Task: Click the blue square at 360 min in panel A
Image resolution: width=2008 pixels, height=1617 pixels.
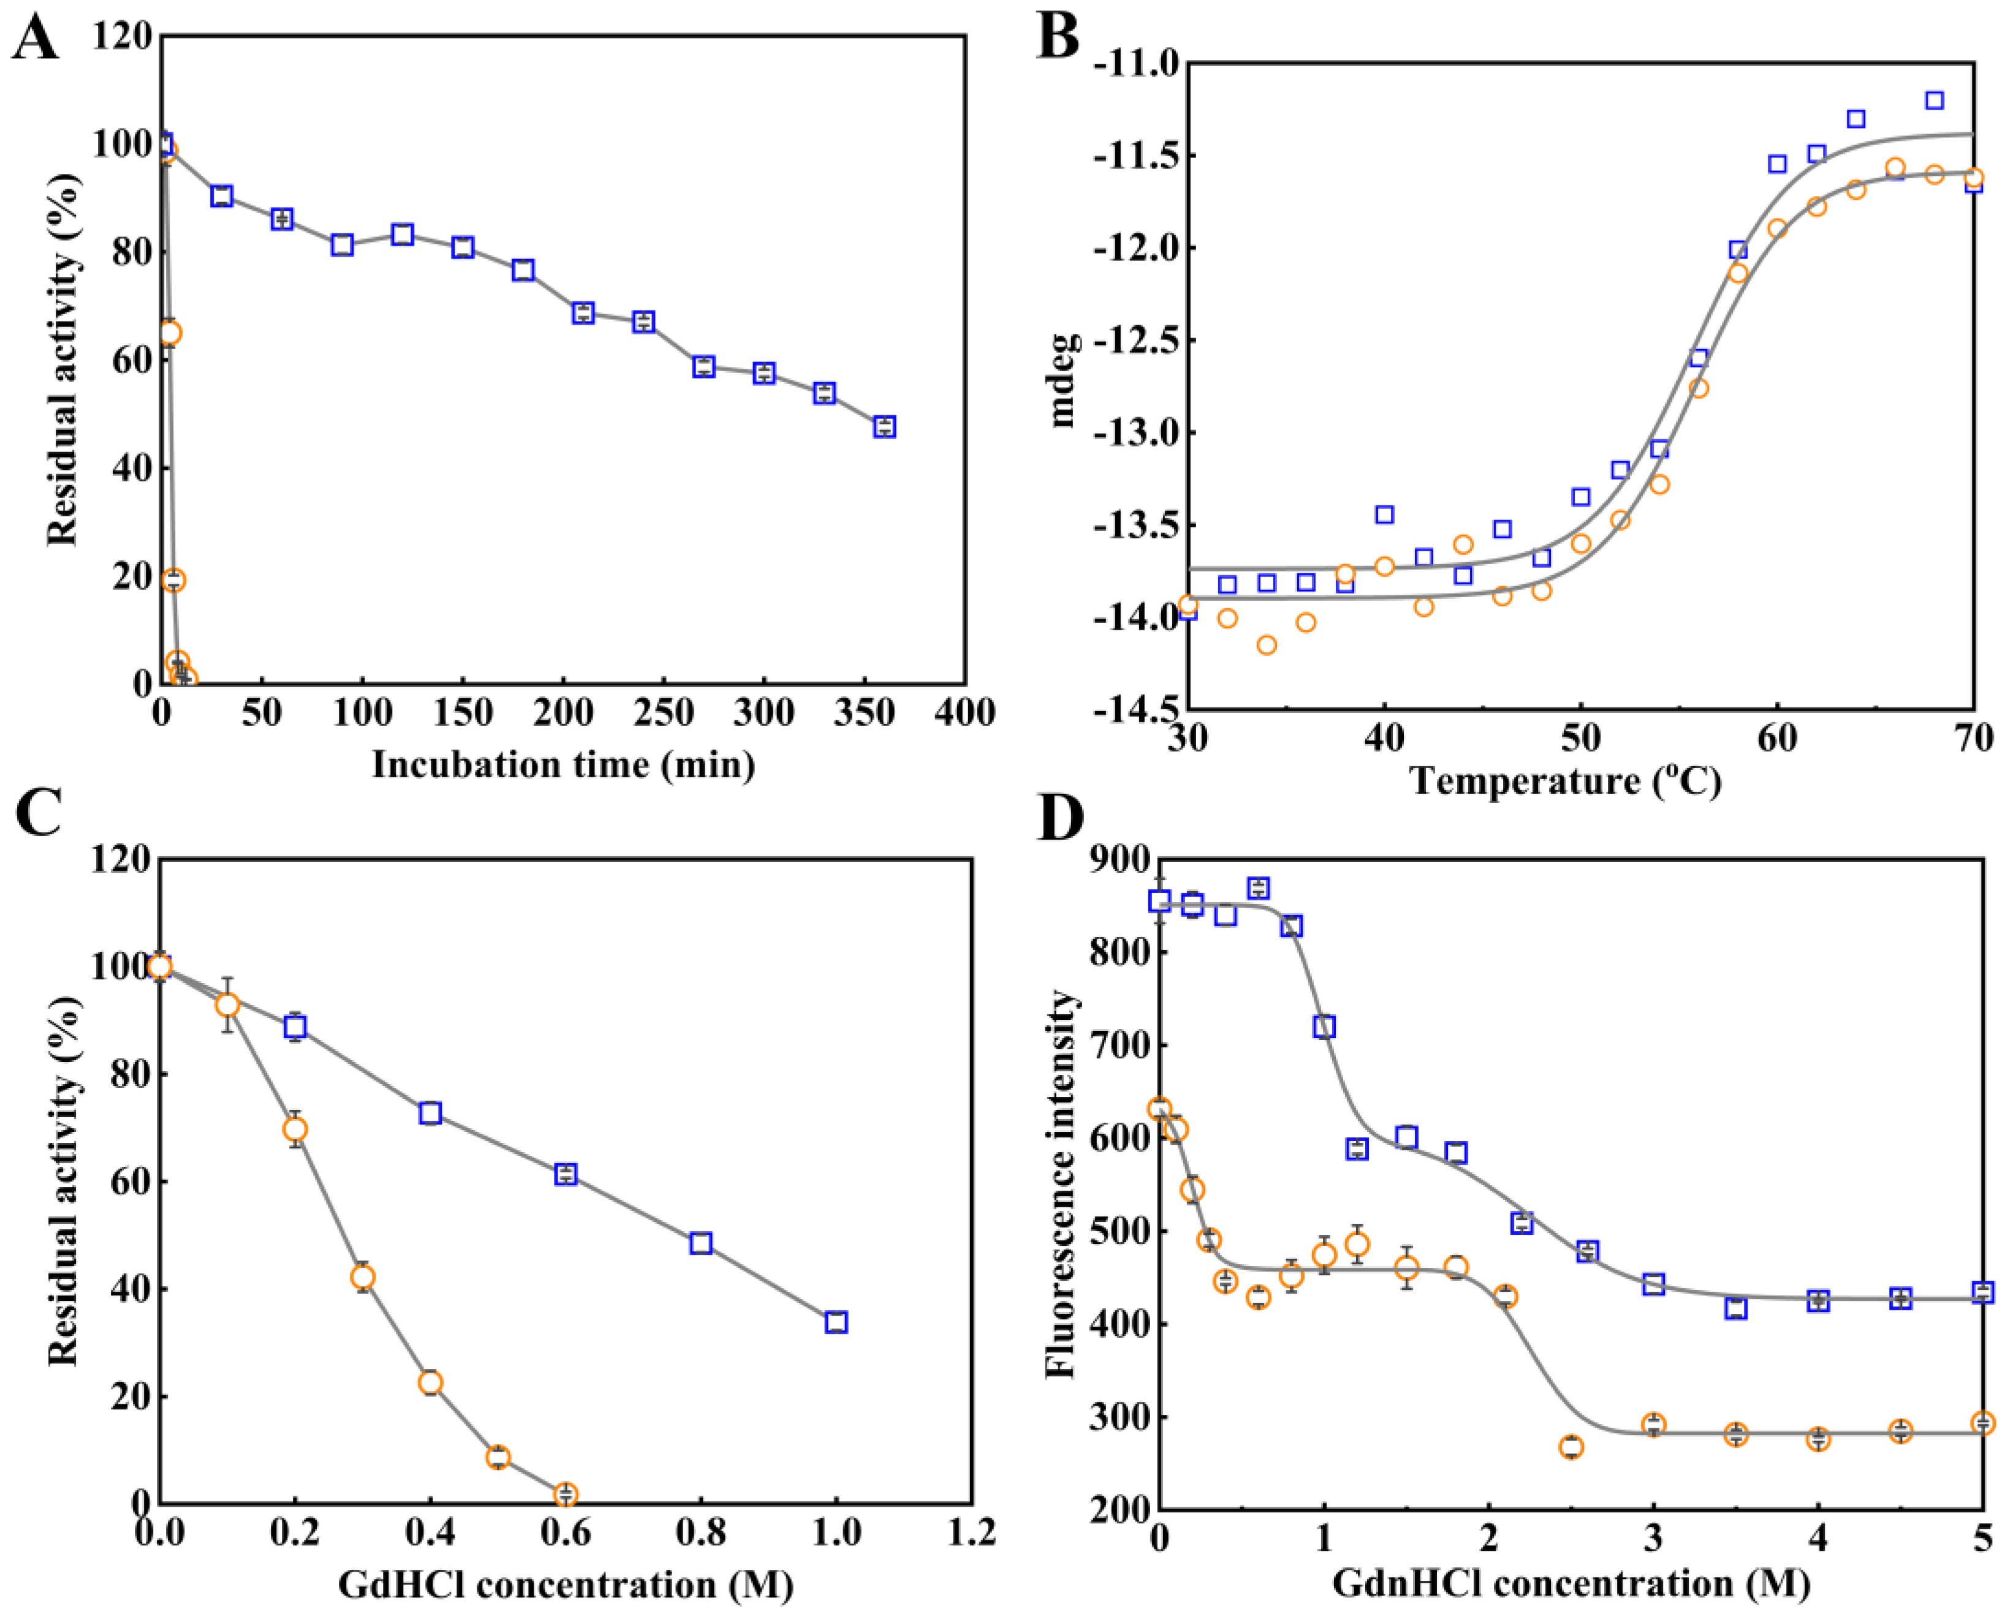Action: click(884, 426)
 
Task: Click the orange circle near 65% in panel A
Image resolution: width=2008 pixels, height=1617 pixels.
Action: click(170, 333)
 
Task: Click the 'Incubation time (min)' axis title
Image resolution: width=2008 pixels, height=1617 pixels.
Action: click(563, 765)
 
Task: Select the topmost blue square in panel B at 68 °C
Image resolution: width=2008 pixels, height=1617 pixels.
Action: click(1934, 100)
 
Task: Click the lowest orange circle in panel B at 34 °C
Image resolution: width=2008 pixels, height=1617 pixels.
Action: click(1267, 644)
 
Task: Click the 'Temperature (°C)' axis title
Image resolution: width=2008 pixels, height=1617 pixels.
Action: click(1566, 780)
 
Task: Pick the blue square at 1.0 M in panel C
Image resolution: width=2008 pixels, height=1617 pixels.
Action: click(836, 1322)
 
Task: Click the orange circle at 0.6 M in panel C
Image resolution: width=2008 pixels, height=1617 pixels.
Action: click(565, 1494)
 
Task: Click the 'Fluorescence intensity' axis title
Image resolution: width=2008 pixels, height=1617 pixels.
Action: click(1060, 1183)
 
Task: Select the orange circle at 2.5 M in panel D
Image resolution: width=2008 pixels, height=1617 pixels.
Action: click(1571, 1447)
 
